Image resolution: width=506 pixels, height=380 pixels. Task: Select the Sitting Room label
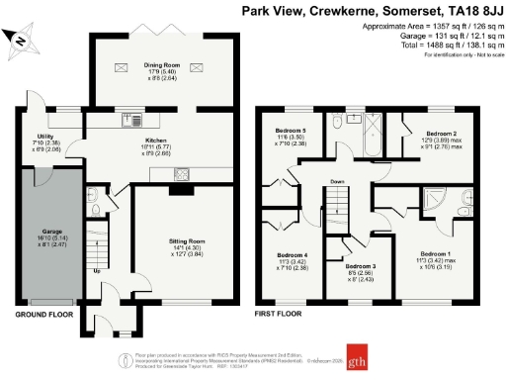(183, 240)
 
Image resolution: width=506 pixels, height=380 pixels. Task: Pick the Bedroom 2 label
(441, 134)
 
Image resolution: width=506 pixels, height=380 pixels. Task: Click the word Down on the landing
(338, 182)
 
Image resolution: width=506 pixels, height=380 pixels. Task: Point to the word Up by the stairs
(96, 269)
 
